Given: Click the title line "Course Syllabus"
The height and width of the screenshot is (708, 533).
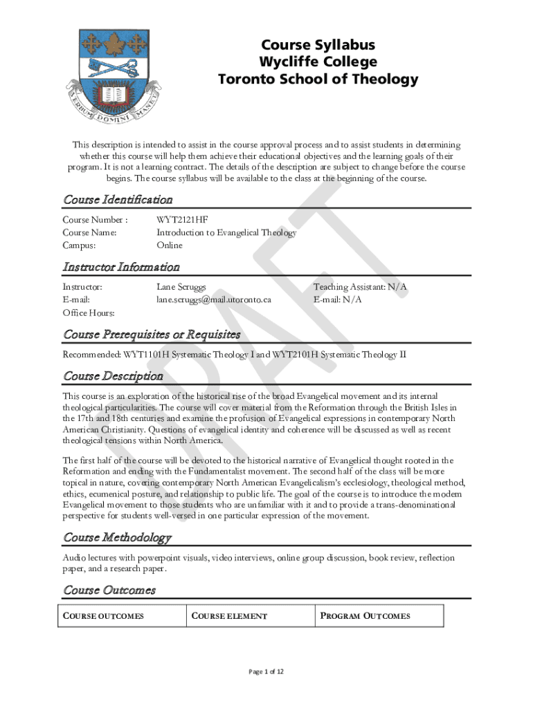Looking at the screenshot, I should click(318, 45).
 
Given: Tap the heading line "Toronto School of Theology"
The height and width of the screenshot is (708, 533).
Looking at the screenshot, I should click(318, 79).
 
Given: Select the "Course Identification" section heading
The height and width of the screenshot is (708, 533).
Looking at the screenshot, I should click(118, 200).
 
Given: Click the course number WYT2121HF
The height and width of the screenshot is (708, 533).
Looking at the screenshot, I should click(182, 220).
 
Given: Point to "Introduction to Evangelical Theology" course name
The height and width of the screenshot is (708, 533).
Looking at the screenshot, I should click(226, 232).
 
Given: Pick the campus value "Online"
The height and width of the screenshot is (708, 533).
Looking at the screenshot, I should click(170, 245).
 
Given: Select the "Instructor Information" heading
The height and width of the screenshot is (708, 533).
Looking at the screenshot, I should click(121, 267).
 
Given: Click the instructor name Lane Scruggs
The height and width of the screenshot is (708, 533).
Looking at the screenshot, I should click(181, 287).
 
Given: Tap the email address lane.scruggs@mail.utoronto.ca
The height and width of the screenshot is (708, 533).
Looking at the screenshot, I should click(213, 299).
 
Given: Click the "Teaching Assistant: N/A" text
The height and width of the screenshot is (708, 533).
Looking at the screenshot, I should click(360, 287).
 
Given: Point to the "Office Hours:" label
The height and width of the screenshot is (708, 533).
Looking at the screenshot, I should click(89, 313).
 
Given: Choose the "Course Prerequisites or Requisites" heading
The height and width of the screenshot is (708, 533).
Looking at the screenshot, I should click(152, 335).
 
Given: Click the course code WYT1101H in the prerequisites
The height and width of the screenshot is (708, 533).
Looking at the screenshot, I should click(146, 355).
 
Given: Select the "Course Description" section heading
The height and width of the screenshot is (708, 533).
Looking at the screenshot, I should click(113, 376).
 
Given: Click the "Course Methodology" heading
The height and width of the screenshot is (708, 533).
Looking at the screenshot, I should click(117, 537).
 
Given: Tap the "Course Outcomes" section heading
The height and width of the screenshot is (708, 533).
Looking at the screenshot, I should click(109, 590).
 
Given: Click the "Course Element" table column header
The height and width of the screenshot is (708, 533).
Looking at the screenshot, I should click(229, 616).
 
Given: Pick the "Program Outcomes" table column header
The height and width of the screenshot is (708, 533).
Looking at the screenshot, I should click(365, 616).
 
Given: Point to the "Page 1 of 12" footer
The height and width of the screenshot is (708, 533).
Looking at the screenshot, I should click(266, 671).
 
